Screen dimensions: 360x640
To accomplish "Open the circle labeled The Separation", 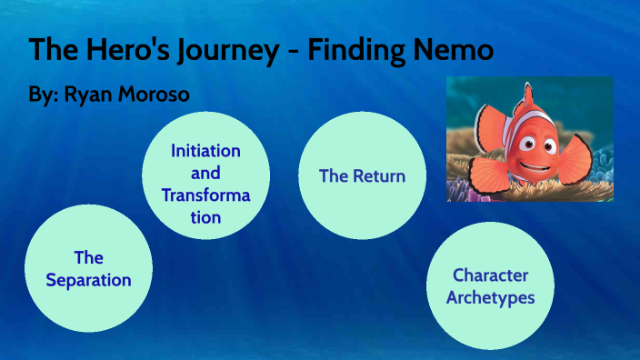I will [88, 269].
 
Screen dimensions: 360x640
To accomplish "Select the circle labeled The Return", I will [362, 175].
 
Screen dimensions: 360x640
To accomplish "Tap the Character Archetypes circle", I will [490, 285].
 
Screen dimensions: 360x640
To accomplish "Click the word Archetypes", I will [490, 297].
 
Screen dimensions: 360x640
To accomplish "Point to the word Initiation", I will [205, 151].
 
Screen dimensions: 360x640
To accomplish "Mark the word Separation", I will [88, 280].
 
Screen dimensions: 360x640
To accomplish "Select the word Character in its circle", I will [490, 275].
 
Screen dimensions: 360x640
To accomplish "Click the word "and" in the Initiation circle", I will [205, 173].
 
